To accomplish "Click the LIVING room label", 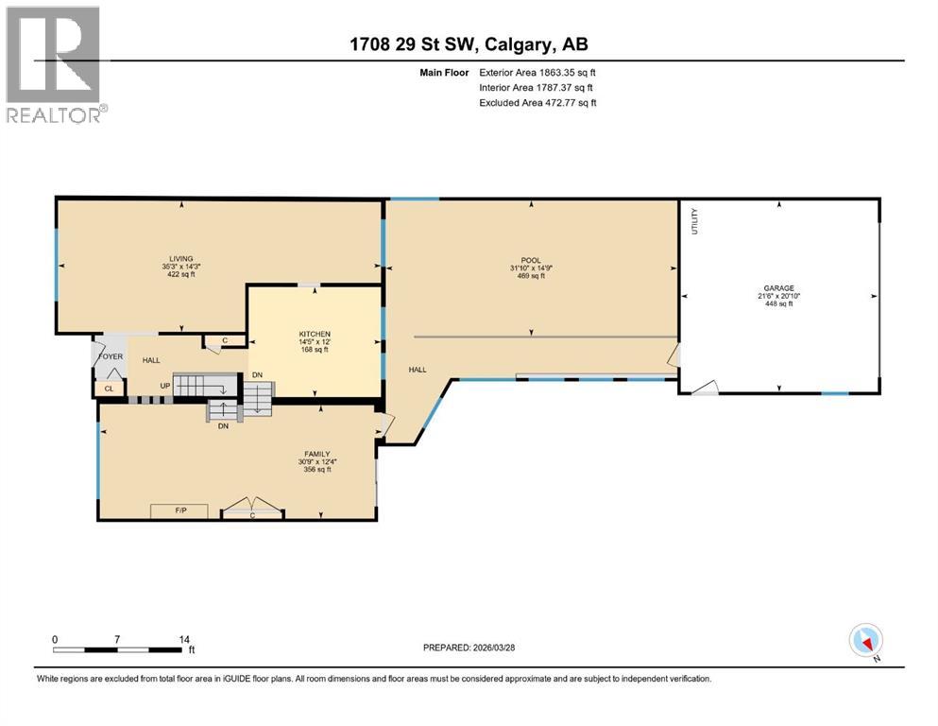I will [181, 258].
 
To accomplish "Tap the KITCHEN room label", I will [314, 335].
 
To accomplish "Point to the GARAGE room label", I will [779, 287].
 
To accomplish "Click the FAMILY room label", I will [316, 454].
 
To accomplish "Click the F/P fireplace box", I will [180, 511].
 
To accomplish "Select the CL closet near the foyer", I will [109, 389].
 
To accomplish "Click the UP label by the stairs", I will [164, 386].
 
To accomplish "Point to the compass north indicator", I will [866, 642].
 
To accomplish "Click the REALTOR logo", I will [55, 64].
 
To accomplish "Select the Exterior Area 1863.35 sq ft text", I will [537, 72].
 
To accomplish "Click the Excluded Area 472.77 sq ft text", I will [537, 102].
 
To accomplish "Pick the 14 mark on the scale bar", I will [185, 639].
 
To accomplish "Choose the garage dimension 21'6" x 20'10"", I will [779, 296].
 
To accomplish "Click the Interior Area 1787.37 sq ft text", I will [537, 87].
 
